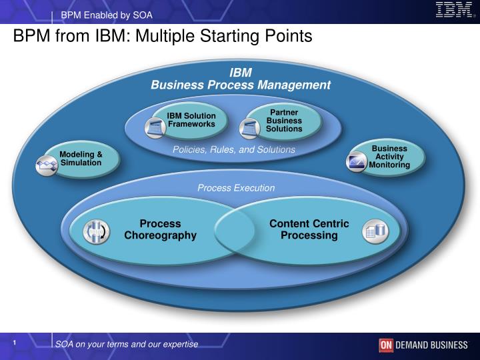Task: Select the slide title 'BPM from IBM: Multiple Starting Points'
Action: pyautogui.click(x=163, y=36)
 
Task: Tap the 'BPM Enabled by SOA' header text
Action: pyautogui.click(x=107, y=15)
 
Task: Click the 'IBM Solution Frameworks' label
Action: pyautogui.click(x=191, y=120)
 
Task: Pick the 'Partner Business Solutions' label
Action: pyautogui.click(x=284, y=120)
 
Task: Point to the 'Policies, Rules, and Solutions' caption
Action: pyautogui.click(x=233, y=149)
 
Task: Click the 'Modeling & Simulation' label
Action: pyautogui.click(x=81, y=159)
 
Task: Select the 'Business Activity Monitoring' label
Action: pyautogui.click(x=389, y=156)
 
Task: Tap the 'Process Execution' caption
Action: pyautogui.click(x=236, y=188)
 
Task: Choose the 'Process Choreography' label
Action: pyautogui.click(x=160, y=229)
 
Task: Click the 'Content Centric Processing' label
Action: pyautogui.click(x=309, y=229)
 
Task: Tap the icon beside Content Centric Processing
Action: pyautogui.click(x=374, y=231)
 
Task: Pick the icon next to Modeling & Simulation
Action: pyautogui.click(x=47, y=163)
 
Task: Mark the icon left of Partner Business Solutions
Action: pyautogui.click(x=249, y=127)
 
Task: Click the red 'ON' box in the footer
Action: pyautogui.click(x=386, y=345)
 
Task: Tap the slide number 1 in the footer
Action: pyautogui.click(x=15, y=343)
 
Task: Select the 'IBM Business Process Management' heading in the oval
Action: pyautogui.click(x=240, y=79)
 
